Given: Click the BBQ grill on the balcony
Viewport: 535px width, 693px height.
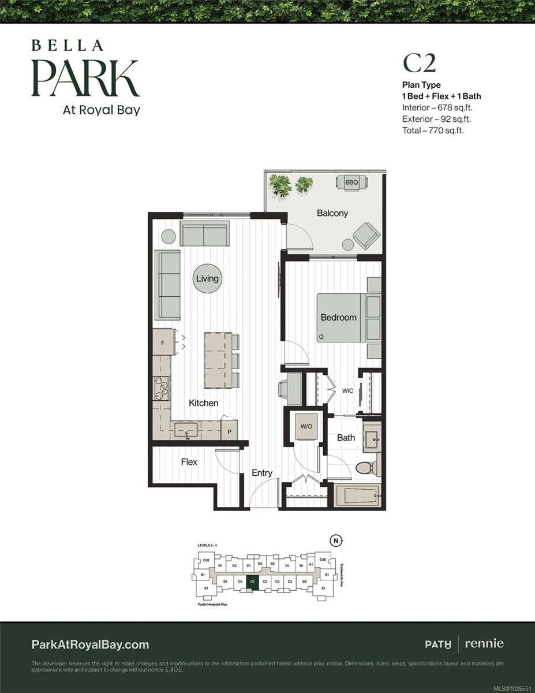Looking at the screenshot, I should (x=351, y=182).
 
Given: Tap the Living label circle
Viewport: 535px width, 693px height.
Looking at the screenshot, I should (x=207, y=278).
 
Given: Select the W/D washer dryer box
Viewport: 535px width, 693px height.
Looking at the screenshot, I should (x=305, y=426).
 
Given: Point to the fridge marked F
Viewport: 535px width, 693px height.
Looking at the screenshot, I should (x=163, y=342).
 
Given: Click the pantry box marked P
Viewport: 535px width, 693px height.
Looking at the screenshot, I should (x=229, y=431).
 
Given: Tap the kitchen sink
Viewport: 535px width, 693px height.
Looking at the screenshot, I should (x=186, y=429).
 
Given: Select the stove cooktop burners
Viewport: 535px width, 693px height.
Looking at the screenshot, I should (x=161, y=388).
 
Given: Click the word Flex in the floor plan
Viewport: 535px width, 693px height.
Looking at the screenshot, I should (x=189, y=462).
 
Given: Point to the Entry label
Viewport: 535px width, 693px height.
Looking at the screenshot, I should (x=262, y=473).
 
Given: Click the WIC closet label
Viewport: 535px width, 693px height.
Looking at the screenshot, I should (x=347, y=391).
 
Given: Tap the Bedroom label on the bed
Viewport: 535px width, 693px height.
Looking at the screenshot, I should (x=339, y=317).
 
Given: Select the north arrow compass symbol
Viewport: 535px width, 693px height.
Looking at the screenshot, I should (x=336, y=541).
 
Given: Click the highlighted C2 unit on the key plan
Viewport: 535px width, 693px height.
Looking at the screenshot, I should (x=252, y=582).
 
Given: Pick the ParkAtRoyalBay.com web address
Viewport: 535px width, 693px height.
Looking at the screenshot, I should (x=90, y=644).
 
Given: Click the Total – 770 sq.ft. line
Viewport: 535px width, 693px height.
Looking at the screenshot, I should (x=433, y=131).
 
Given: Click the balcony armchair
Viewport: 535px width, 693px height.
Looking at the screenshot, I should (x=366, y=235).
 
